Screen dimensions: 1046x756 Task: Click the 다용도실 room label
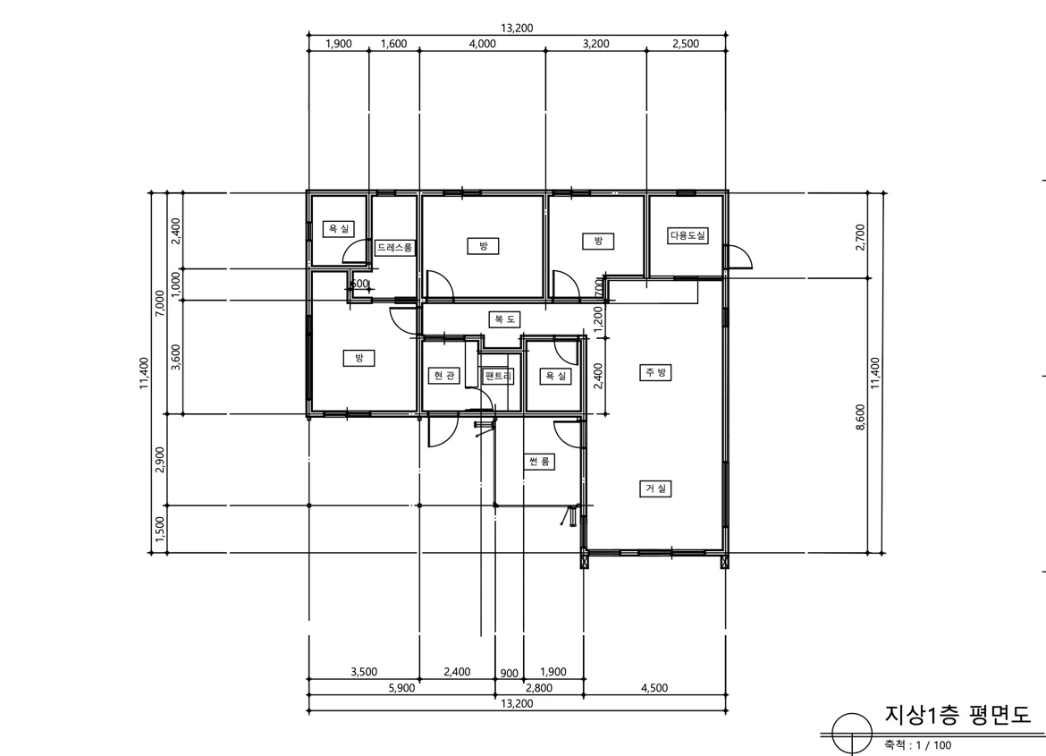[x=687, y=235]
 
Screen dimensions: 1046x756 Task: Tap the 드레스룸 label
[x=394, y=247]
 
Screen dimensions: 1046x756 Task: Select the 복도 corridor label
[x=503, y=319]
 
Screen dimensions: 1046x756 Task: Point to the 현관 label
[x=443, y=376]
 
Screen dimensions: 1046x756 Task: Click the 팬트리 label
[x=498, y=376]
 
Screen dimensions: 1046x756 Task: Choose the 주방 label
[x=655, y=372]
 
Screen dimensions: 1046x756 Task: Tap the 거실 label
[x=655, y=488]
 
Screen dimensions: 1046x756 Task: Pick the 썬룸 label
[x=539, y=461]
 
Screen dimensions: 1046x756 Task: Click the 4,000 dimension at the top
[x=482, y=44]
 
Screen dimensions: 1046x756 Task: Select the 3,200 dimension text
[x=595, y=44]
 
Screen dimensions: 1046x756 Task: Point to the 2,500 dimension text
[x=686, y=44]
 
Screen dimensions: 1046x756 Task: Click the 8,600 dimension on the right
[x=860, y=417]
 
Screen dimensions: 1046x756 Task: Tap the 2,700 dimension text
[x=860, y=237]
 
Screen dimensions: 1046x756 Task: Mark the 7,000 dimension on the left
[x=159, y=304]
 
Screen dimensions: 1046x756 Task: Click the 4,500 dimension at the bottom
[x=654, y=688]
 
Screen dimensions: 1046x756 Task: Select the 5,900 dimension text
[x=401, y=688]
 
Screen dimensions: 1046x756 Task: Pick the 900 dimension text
[x=509, y=673]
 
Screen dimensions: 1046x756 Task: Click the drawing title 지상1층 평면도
[x=957, y=715]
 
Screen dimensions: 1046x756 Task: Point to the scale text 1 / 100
[x=934, y=745]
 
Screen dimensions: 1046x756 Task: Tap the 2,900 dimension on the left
[x=159, y=460]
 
